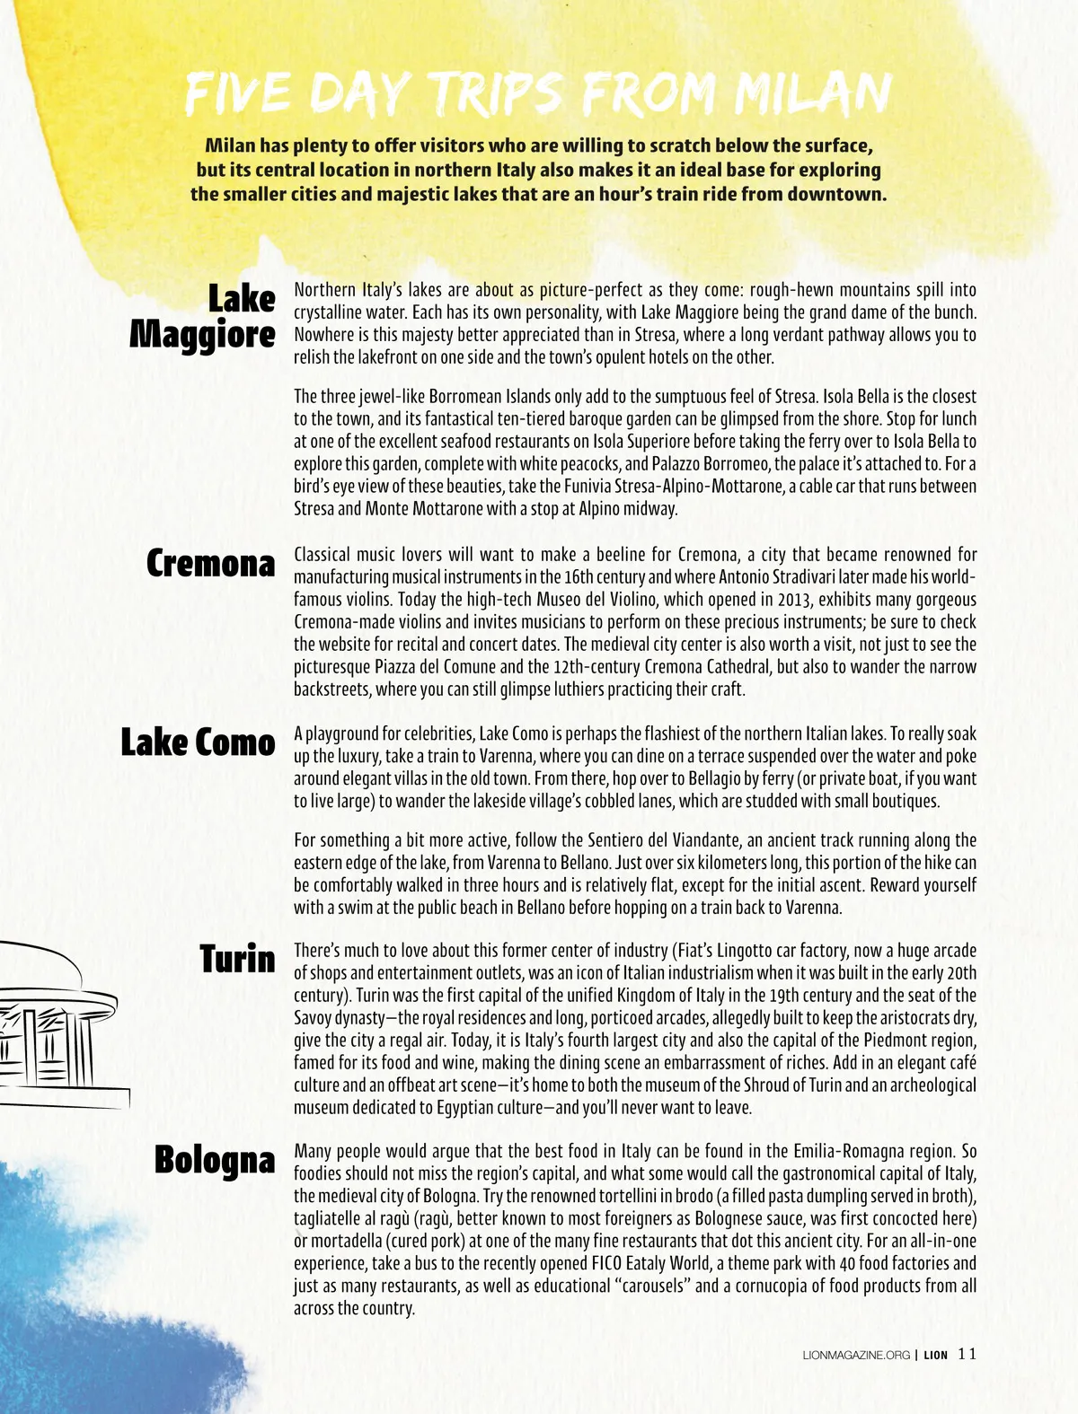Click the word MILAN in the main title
812,93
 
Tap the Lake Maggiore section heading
203,316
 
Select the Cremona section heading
211,564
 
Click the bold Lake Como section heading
199,742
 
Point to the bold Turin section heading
237,959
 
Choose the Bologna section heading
215,1160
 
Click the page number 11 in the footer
967,1354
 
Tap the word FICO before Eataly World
609,1264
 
